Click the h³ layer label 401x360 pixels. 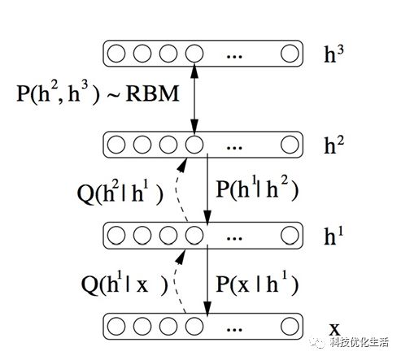click(333, 54)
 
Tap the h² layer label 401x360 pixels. click(334, 145)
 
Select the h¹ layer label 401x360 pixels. click(333, 236)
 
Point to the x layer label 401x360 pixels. click(334, 329)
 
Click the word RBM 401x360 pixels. click(152, 93)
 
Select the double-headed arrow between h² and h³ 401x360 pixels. click(194, 98)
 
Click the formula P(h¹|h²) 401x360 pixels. click(257, 189)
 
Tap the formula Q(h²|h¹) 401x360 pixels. click(120, 193)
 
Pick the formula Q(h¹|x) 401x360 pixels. click(124, 284)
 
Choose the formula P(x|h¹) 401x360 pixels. click(257, 284)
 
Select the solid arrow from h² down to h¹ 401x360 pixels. click(207, 189)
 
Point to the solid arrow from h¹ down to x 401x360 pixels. click(207, 280)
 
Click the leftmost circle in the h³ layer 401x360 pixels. click(116, 54)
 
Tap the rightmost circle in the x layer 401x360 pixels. click(290, 327)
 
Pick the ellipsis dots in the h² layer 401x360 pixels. click(234, 148)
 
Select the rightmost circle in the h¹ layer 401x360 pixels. click(290, 235)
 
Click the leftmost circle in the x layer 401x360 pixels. click(116, 327)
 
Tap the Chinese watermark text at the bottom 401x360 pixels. click(359, 342)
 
